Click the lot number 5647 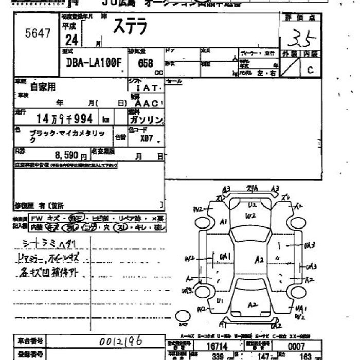[x=38, y=34]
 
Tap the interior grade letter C [x=310, y=70]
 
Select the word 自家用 [x=43, y=87]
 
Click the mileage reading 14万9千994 [x=62, y=119]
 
